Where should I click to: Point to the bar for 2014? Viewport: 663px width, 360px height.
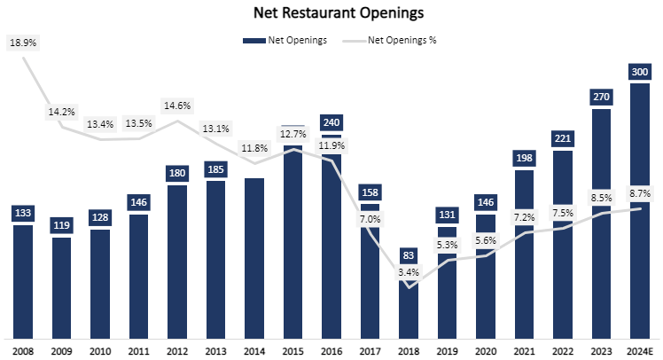click(x=254, y=258)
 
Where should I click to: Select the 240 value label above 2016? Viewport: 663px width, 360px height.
click(x=331, y=122)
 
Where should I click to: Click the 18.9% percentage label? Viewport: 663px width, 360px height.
click(x=23, y=42)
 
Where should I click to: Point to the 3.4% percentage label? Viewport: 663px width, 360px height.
click(x=409, y=272)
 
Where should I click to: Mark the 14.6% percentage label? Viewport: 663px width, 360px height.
click(x=177, y=106)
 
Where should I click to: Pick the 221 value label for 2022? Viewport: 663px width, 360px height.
click(x=563, y=137)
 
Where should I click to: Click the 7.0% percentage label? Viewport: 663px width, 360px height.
click(x=370, y=219)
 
